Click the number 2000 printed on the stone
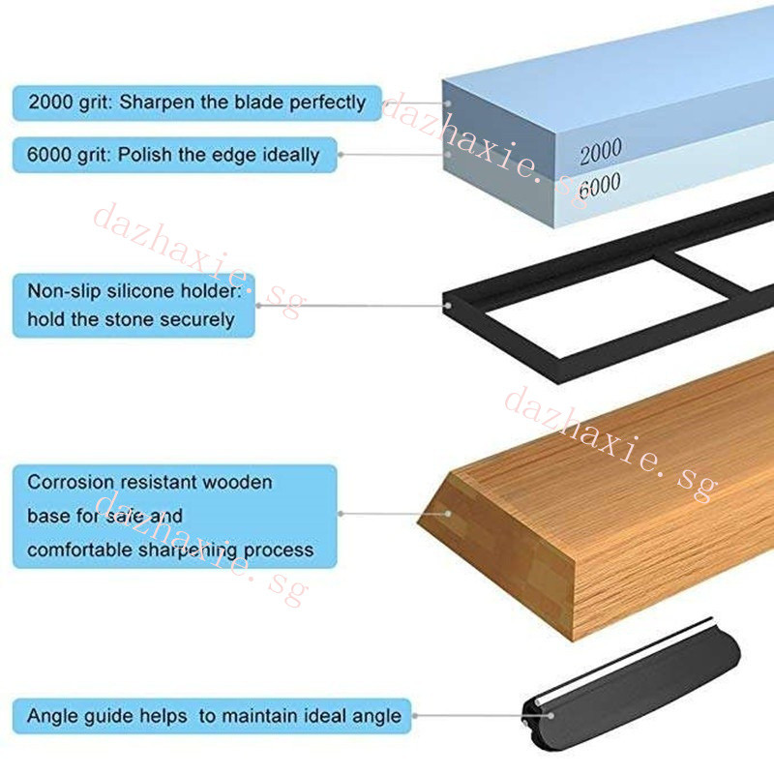601,152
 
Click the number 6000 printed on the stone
600,186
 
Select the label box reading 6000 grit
174,155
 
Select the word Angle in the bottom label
51,717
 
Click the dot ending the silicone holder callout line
449,305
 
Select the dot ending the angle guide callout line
549,717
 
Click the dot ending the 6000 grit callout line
449,154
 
